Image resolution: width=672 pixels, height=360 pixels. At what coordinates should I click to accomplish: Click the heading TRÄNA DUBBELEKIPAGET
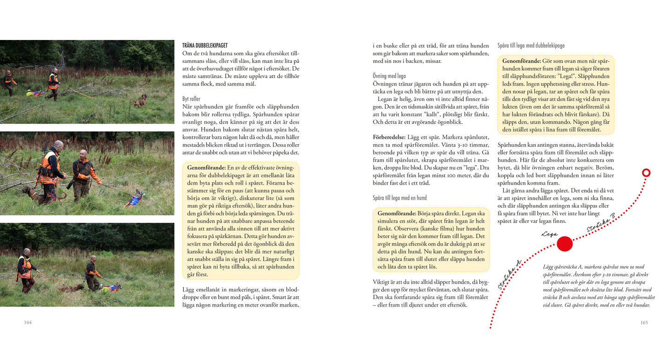(205, 46)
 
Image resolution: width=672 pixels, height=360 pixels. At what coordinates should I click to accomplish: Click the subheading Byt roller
(192, 99)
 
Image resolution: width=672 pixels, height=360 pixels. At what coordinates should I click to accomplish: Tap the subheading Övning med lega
(389, 75)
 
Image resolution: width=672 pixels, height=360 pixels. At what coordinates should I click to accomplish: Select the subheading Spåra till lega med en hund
(399, 198)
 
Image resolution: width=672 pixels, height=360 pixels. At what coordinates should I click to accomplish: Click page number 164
(28, 322)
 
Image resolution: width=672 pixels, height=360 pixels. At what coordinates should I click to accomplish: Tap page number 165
(644, 322)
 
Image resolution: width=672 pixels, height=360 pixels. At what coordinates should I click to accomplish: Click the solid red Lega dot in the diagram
(565, 244)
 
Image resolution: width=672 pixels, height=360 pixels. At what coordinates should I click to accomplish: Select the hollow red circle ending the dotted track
(645, 173)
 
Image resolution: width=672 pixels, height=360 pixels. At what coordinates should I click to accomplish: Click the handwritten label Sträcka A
(509, 275)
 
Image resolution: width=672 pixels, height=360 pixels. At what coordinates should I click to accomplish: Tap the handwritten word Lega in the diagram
(549, 234)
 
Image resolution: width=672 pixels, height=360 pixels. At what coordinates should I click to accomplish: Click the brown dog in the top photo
(140, 100)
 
